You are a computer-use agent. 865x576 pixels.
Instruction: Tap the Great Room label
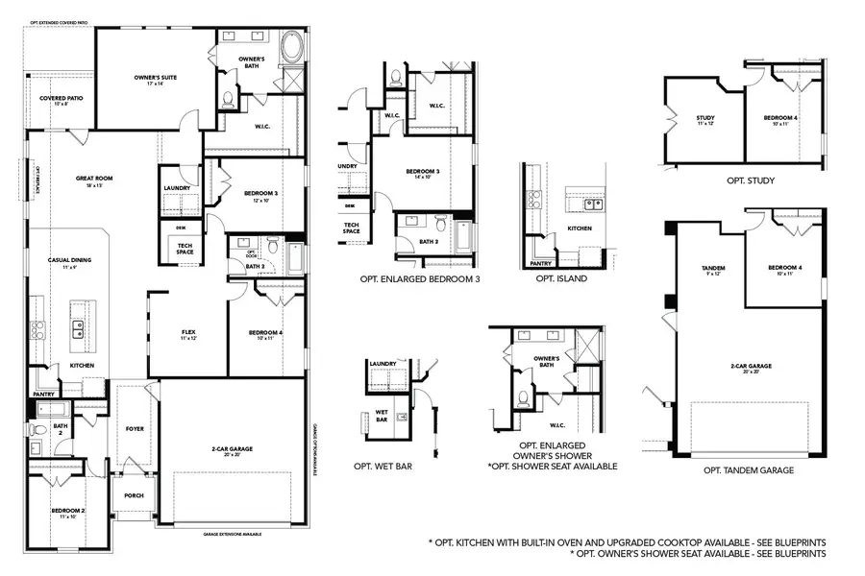[x=95, y=179]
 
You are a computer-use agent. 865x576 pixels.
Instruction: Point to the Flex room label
[x=188, y=333]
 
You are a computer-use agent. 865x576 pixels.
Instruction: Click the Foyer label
[x=135, y=428]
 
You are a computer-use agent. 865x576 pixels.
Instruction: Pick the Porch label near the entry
[x=134, y=496]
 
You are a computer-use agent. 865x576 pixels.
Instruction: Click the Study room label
[x=705, y=119]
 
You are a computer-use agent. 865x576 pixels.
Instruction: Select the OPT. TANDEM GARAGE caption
[x=749, y=470]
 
